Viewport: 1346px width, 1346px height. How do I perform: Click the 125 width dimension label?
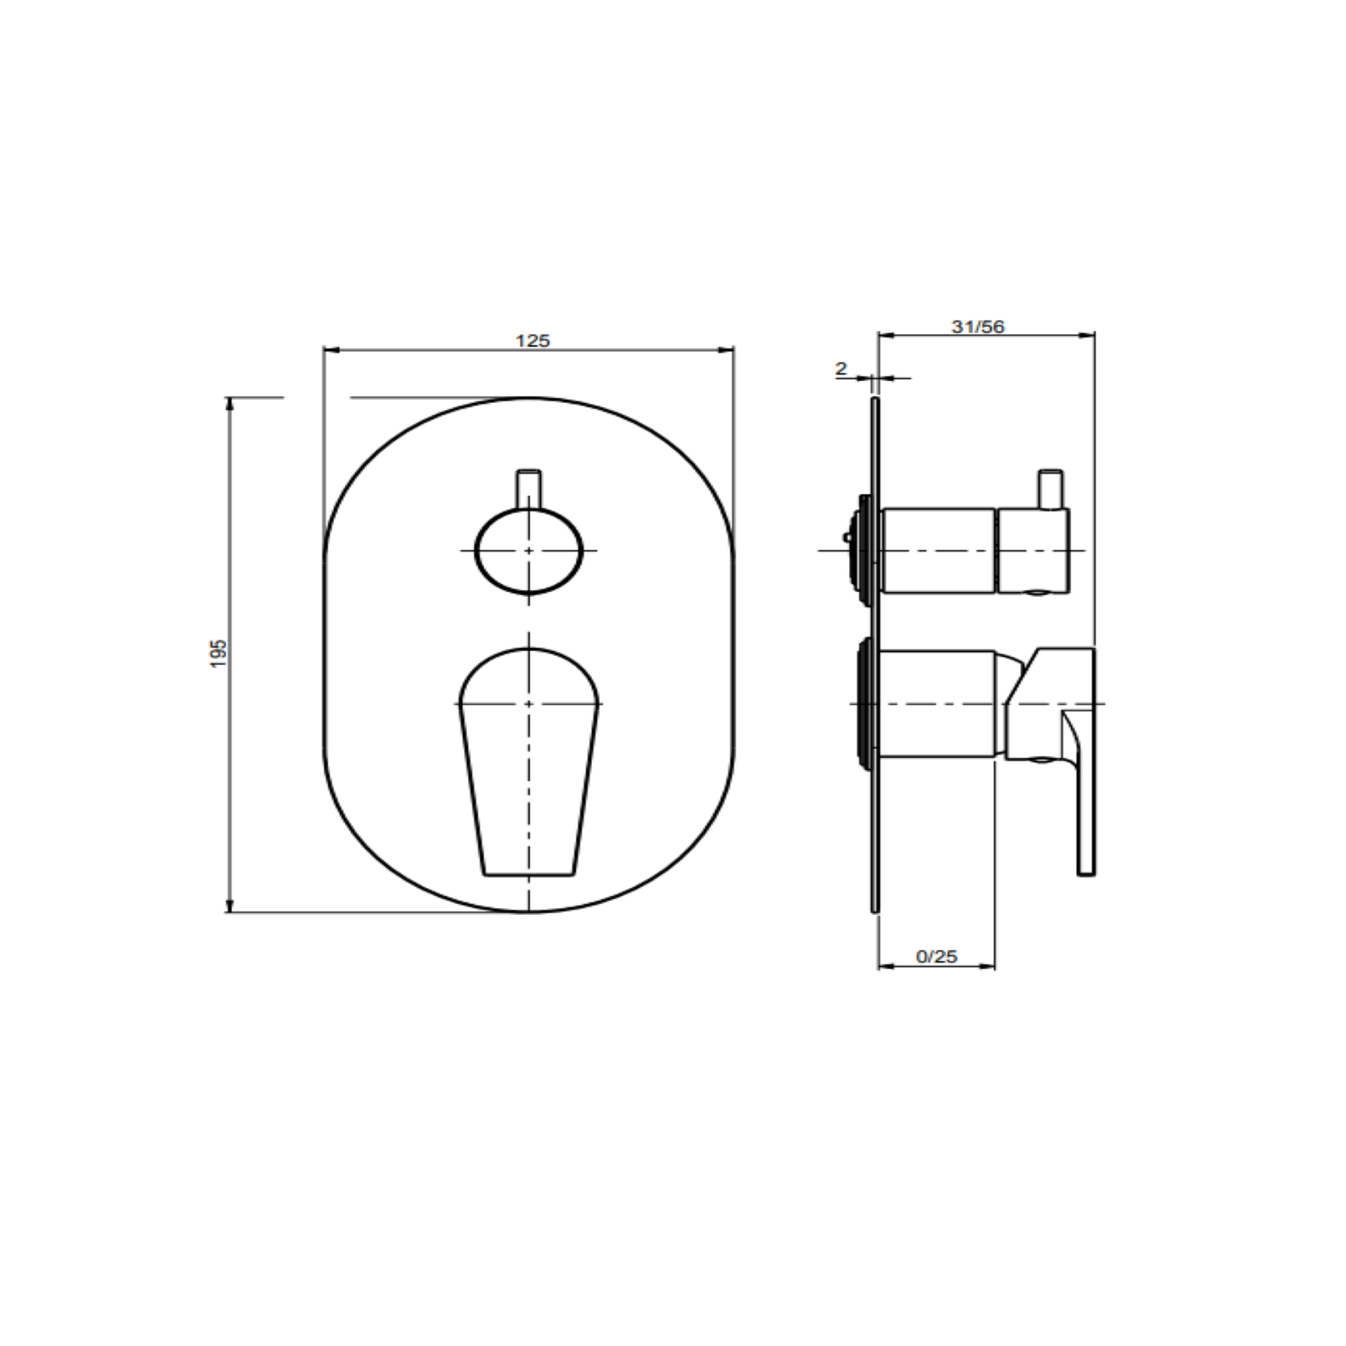click(x=533, y=341)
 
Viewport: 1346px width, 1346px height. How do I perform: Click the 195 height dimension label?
click(x=219, y=654)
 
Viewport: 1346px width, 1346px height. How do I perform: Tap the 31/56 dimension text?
click(x=978, y=327)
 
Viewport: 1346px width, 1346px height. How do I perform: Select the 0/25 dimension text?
click(x=937, y=957)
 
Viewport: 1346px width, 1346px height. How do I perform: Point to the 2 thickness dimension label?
click(x=841, y=369)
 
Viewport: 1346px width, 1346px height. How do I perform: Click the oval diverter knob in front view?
click(x=529, y=551)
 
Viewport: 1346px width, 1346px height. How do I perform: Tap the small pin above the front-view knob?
click(x=529, y=490)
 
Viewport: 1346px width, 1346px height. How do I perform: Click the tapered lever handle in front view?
click(x=529, y=762)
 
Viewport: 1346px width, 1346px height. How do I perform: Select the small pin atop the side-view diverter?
click(x=1051, y=489)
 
